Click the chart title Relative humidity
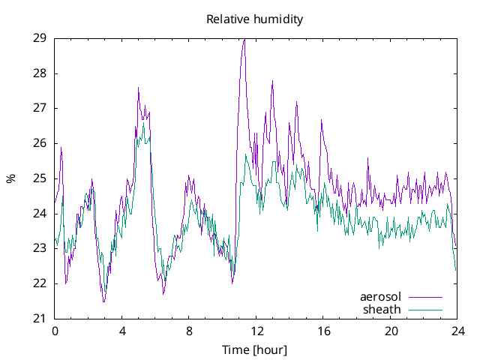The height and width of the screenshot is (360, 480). (x=254, y=19)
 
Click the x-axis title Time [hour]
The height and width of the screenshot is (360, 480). (x=254, y=350)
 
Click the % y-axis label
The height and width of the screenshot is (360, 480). (x=10, y=178)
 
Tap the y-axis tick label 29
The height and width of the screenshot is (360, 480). (x=40, y=38)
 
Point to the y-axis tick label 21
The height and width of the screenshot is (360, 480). (x=40, y=319)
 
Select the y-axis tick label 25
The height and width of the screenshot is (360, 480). (x=40, y=178)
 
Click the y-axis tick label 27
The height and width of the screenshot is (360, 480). (x=40, y=108)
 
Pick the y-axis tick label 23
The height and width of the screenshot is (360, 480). (x=40, y=248)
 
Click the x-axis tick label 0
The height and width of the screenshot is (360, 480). (x=55, y=331)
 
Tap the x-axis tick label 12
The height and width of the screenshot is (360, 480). (x=256, y=331)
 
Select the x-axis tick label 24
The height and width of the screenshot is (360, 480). (x=458, y=331)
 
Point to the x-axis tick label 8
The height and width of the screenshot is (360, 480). (x=189, y=331)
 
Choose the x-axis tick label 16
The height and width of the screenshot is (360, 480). (x=324, y=331)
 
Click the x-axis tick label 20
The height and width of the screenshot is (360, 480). (x=391, y=331)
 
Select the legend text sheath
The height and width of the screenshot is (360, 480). (x=382, y=309)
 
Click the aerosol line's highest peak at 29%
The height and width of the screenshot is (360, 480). (x=244, y=39)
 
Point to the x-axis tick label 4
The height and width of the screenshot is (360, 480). (x=122, y=331)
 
